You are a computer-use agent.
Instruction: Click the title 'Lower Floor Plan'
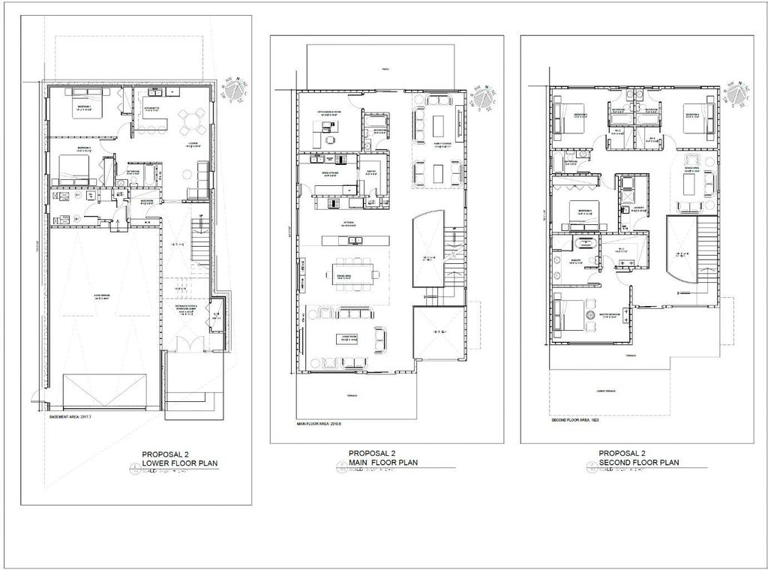[179, 463]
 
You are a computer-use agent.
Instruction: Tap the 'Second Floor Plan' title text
[638, 463]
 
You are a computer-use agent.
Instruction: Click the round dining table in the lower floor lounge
[191, 120]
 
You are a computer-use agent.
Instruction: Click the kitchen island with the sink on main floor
[355, 240]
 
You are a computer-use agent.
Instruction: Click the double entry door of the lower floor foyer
[184, 345]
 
